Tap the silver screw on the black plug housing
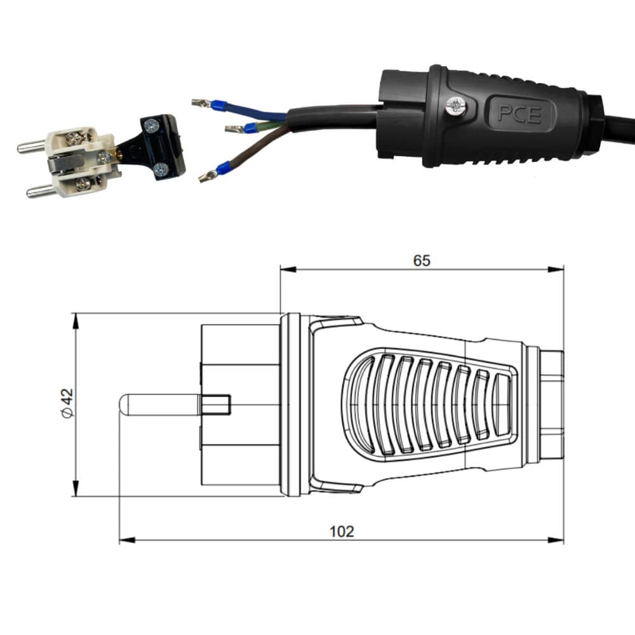pos(454,106)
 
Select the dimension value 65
pos(422,260)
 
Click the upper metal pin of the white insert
pos(30,147)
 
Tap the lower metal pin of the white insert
pos(40,190)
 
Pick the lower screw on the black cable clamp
pos(161,168)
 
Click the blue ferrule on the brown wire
pos(223,170)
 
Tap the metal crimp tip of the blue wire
pos(201,103)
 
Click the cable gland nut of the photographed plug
pos(592,126)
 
